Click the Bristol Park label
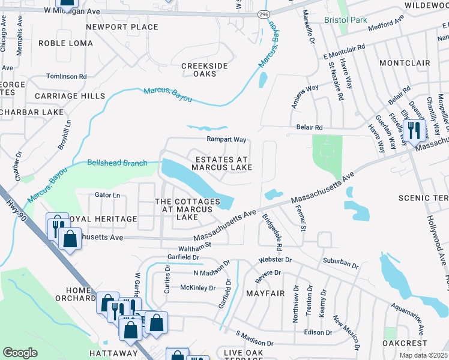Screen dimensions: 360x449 click(345, 20)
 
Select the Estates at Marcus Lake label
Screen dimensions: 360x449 click(222, 163)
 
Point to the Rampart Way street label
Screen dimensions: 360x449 click(227, 139)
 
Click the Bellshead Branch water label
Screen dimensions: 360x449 click(117, 162)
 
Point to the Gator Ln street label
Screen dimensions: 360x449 click(107, 195)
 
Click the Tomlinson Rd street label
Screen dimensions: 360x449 click(67, 76)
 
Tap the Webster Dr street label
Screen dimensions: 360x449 click(275, 260)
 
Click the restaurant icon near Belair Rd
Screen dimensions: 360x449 click(414, 129)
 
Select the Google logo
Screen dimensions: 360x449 click(20, 353)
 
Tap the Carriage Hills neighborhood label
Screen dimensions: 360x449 click(70, 96)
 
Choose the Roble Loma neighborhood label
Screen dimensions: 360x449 click(65, 43)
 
